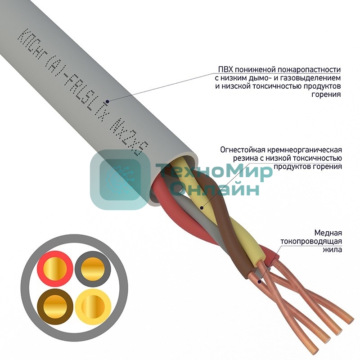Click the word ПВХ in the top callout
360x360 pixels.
[x=225, y=70]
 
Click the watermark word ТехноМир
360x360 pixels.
[x=213, y=172]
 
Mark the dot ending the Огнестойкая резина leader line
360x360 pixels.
[x=201, y=208]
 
